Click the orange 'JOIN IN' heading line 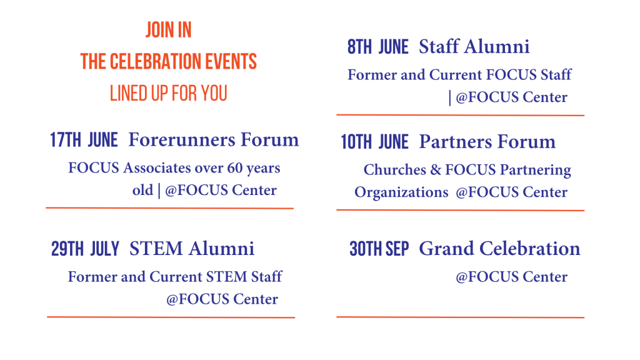[x=169, y=30]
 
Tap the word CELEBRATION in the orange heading [x=156, y=62]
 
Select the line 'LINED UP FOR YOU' [x=169, y=94]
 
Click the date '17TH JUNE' [x=84, y=140]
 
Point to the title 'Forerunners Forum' [x=214, y=139]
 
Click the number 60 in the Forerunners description [x=235, y=167]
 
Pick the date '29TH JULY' [x=85, y=249]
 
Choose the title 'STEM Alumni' [x=192, y=249]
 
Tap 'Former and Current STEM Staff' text [x=175, y=277]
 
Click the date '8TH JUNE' [x=378, y=47]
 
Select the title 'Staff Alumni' [x=474, y=46]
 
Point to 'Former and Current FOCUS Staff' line [x=459, y=75]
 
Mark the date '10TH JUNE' [x=375, y=142]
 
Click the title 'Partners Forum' [x=487, y=142]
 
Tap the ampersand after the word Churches [x=436, y=170]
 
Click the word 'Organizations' [x=401, y=192]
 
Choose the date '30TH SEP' [x=379, y=249]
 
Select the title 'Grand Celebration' [x=499, y=249]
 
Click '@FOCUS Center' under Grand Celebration [x=511, y=277]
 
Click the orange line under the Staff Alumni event [x=461, y=116]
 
